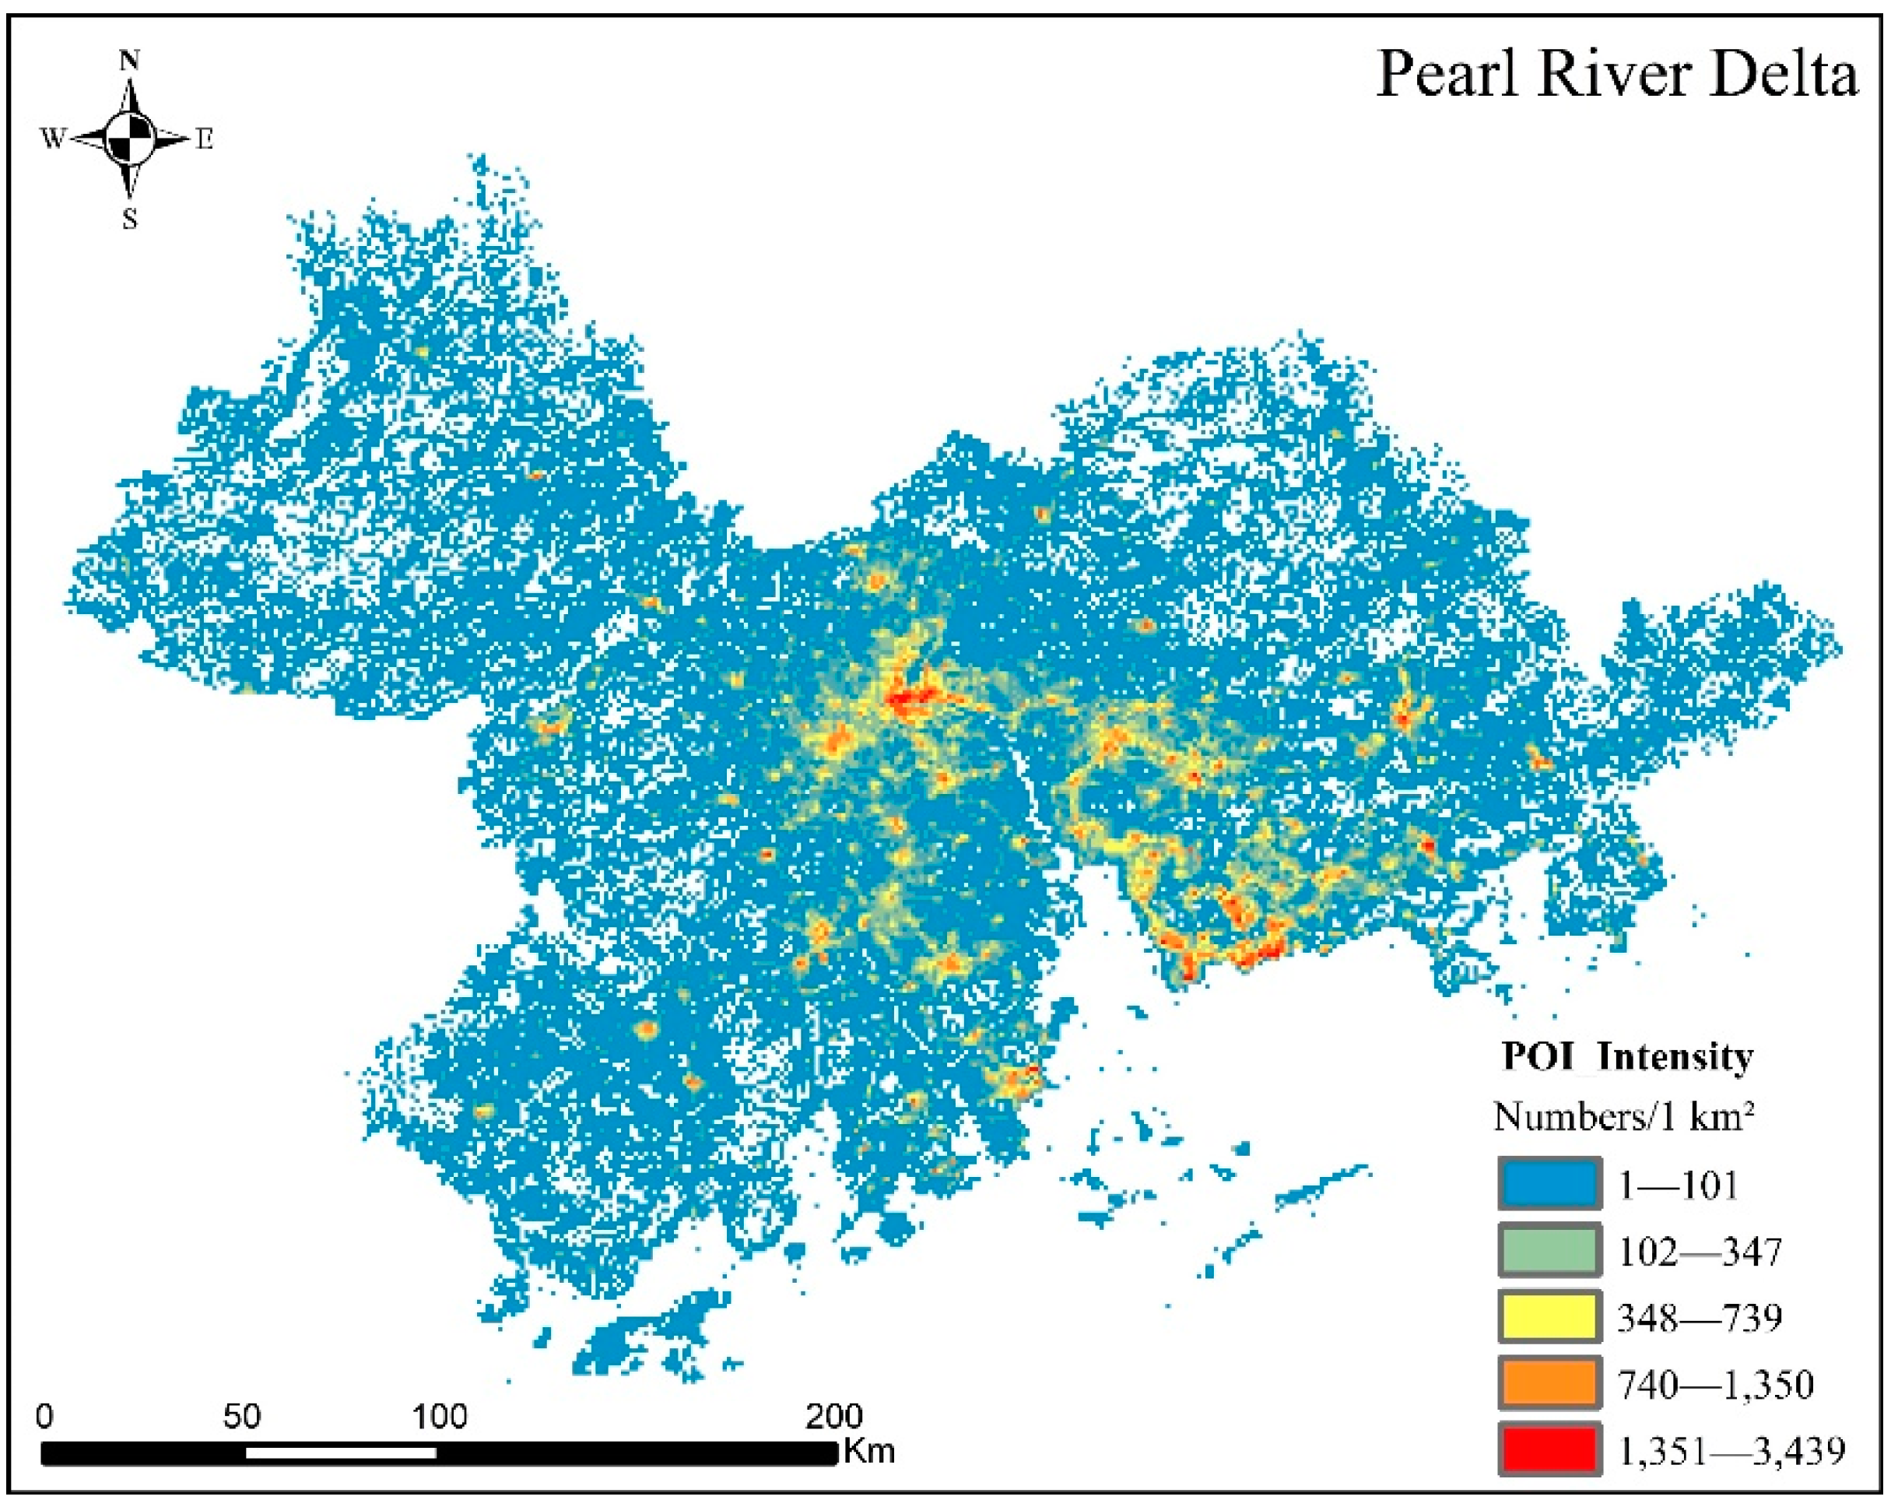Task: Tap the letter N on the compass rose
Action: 130,60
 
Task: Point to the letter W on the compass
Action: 53,139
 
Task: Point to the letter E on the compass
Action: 205,139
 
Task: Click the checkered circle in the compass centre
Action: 130,139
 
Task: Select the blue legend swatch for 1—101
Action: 1548,1184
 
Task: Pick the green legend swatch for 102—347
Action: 1548,1251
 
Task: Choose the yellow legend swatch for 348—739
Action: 1548,1316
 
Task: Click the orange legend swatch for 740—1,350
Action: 1548,1383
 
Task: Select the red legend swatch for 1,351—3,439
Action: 1548,1450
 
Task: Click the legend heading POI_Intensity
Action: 1627,1056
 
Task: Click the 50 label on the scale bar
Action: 241,1417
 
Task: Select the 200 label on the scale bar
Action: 834,1417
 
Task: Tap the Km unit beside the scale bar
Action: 869,1451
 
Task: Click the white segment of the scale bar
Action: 340,1453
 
